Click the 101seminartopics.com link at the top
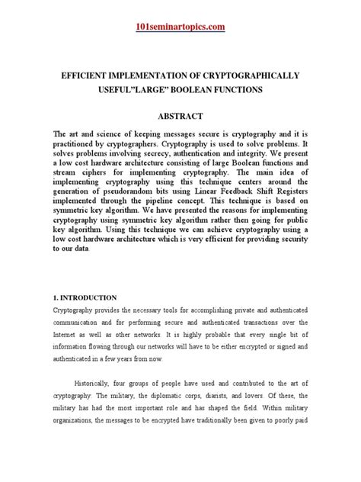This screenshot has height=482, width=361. (180, 28)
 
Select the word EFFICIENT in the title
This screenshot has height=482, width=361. (91, 77)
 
